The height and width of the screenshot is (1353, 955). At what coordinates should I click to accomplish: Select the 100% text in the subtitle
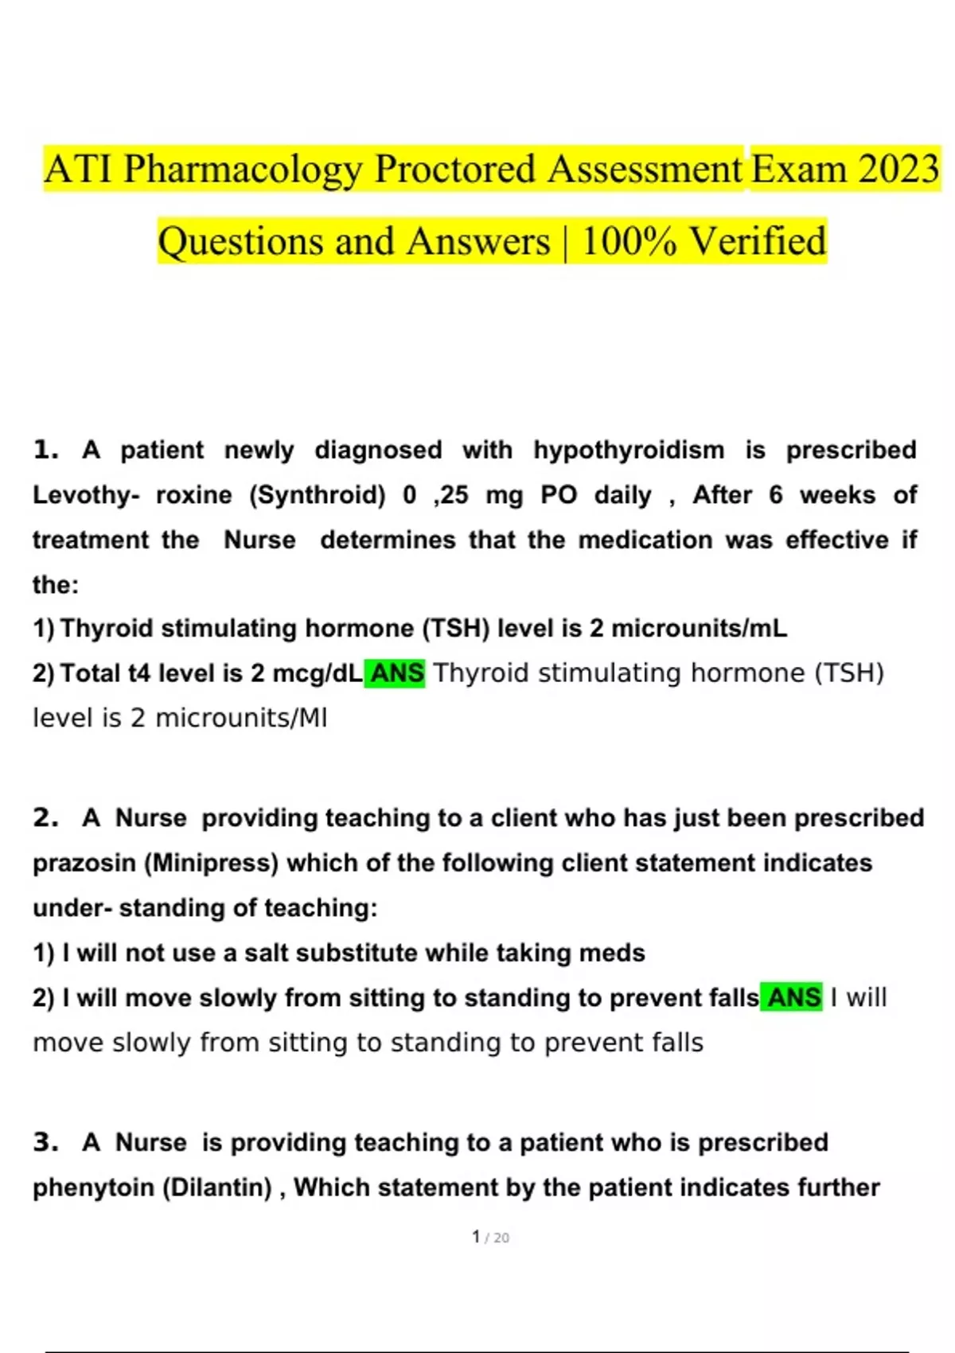click(629, 241)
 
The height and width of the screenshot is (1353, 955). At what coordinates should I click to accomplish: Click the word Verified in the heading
click(757, 241)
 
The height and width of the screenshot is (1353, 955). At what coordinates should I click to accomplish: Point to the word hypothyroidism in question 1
click(629, 450)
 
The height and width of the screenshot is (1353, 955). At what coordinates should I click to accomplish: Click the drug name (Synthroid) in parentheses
click(318, 495)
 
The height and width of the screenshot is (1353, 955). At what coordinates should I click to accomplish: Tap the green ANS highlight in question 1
click(396, 673)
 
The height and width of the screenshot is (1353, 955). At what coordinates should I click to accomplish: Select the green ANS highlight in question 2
click(793, 997)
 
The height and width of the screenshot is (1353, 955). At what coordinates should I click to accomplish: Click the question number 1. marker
click(46, 450)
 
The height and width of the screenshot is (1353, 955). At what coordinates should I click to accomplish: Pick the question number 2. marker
click(46, 818)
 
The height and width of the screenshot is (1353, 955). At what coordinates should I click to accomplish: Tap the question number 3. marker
click(46, 1143)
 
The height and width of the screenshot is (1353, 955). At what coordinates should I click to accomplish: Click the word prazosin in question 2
click(84, 863)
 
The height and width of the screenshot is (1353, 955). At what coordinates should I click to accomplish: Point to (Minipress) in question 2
click(211, 863)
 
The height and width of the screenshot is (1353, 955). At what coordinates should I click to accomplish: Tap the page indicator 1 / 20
click(490, 1238)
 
